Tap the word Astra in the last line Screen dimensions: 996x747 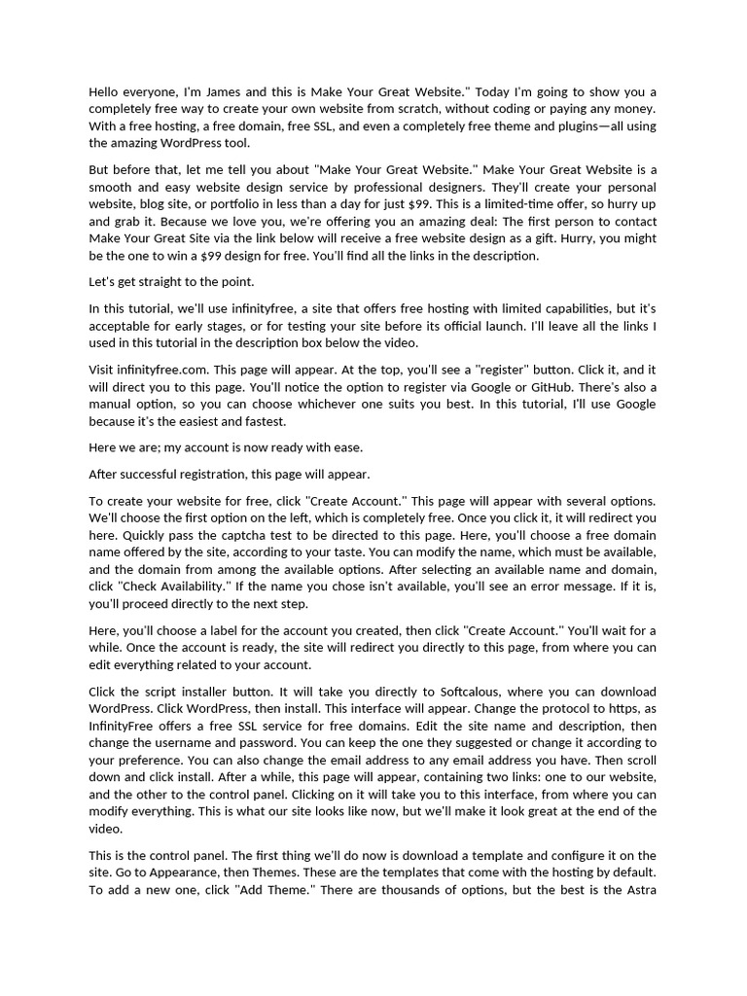(638, 891)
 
